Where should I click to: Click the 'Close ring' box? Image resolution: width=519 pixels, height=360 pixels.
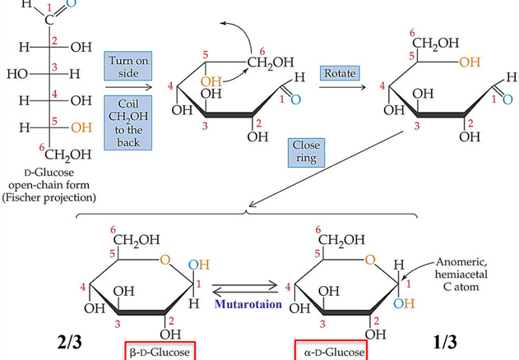307,151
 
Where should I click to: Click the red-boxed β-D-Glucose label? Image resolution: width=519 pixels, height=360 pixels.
162,351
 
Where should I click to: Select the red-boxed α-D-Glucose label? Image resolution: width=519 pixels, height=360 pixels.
336,351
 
